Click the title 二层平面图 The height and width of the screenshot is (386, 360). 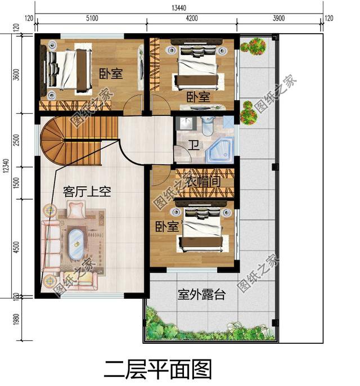[x=158, y=369]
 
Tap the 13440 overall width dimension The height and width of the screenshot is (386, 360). [x=181, y=7]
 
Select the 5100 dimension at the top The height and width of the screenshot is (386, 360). [x=91, y=19]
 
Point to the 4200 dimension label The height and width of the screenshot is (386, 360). [x=191, y=19]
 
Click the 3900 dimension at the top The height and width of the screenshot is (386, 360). [x=279, y=19]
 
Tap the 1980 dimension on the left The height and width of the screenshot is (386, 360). [x=16, y=320]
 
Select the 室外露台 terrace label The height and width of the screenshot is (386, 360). [x=201, y=294]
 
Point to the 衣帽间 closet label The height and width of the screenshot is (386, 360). [x=202, y=183]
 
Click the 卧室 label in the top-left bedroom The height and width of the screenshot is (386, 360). [x=111, y=74]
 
